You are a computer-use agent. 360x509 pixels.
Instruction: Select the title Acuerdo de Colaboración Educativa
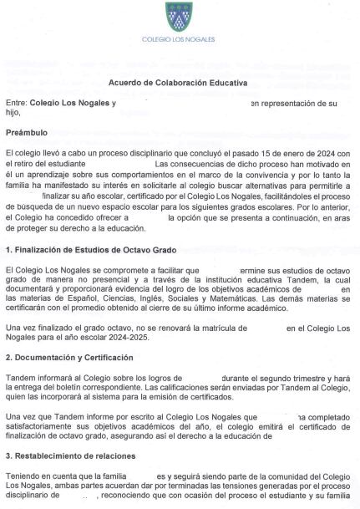tap(178, 82)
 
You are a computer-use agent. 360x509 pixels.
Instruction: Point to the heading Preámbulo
tap(26, 132)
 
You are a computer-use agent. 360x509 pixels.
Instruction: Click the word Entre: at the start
tap(16, 103)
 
